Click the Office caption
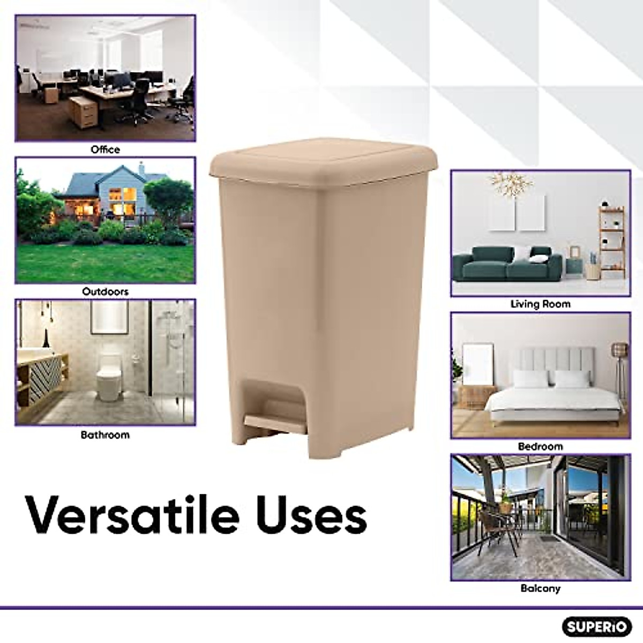click(105, 149)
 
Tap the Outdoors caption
click(105, 292)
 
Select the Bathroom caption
click(105, 435)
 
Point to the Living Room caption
click(540, 304)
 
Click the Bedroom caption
click(540, 446)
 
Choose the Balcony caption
click(540, 588)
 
